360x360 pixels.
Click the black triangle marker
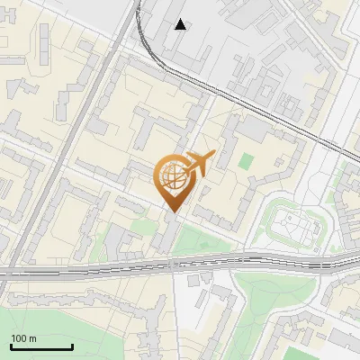click(x=181, y=24)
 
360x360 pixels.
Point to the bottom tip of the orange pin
click(x=171, y=211)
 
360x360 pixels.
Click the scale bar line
click(x=41, y=346)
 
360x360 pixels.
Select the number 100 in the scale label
click(x=19, y=338)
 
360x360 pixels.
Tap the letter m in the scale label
click(x=32, y=338)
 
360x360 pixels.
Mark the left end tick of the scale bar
click(x=11, y=346)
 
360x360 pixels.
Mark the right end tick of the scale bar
click(x=72, y=346)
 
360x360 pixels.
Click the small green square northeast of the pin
click(x=247, y=163)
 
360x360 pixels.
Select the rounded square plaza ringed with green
click(x=294, y=225)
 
